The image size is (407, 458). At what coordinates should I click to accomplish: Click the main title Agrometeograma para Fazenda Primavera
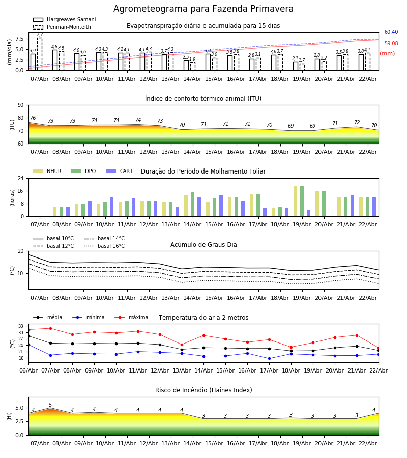tap(203, 9)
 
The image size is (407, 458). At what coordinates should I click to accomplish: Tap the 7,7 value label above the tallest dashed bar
tap(40, 35)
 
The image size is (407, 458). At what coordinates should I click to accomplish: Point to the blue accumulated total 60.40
tap(391, 32)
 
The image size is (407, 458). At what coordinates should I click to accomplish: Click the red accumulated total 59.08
tap(391, 44)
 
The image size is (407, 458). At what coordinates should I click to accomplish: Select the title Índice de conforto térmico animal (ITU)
tap(203, 99)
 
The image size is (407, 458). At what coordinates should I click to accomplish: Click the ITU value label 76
tap(33, 118)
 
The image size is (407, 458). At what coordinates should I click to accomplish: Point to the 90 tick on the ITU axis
tap(20, 105)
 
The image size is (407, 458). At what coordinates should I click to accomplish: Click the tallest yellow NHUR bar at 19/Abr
tap(295, 201)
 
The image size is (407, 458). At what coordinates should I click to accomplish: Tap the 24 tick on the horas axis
tap(20, 179)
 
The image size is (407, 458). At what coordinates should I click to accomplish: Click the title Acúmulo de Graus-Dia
tap(203, 245)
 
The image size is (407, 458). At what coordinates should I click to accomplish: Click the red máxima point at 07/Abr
tap(50, 328)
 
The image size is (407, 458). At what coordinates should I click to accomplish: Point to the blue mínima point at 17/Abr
tap(269, 358)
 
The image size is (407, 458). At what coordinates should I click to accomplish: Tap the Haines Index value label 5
tap(50, 405)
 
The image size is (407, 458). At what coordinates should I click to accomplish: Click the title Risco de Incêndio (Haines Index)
tap(203, 390)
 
